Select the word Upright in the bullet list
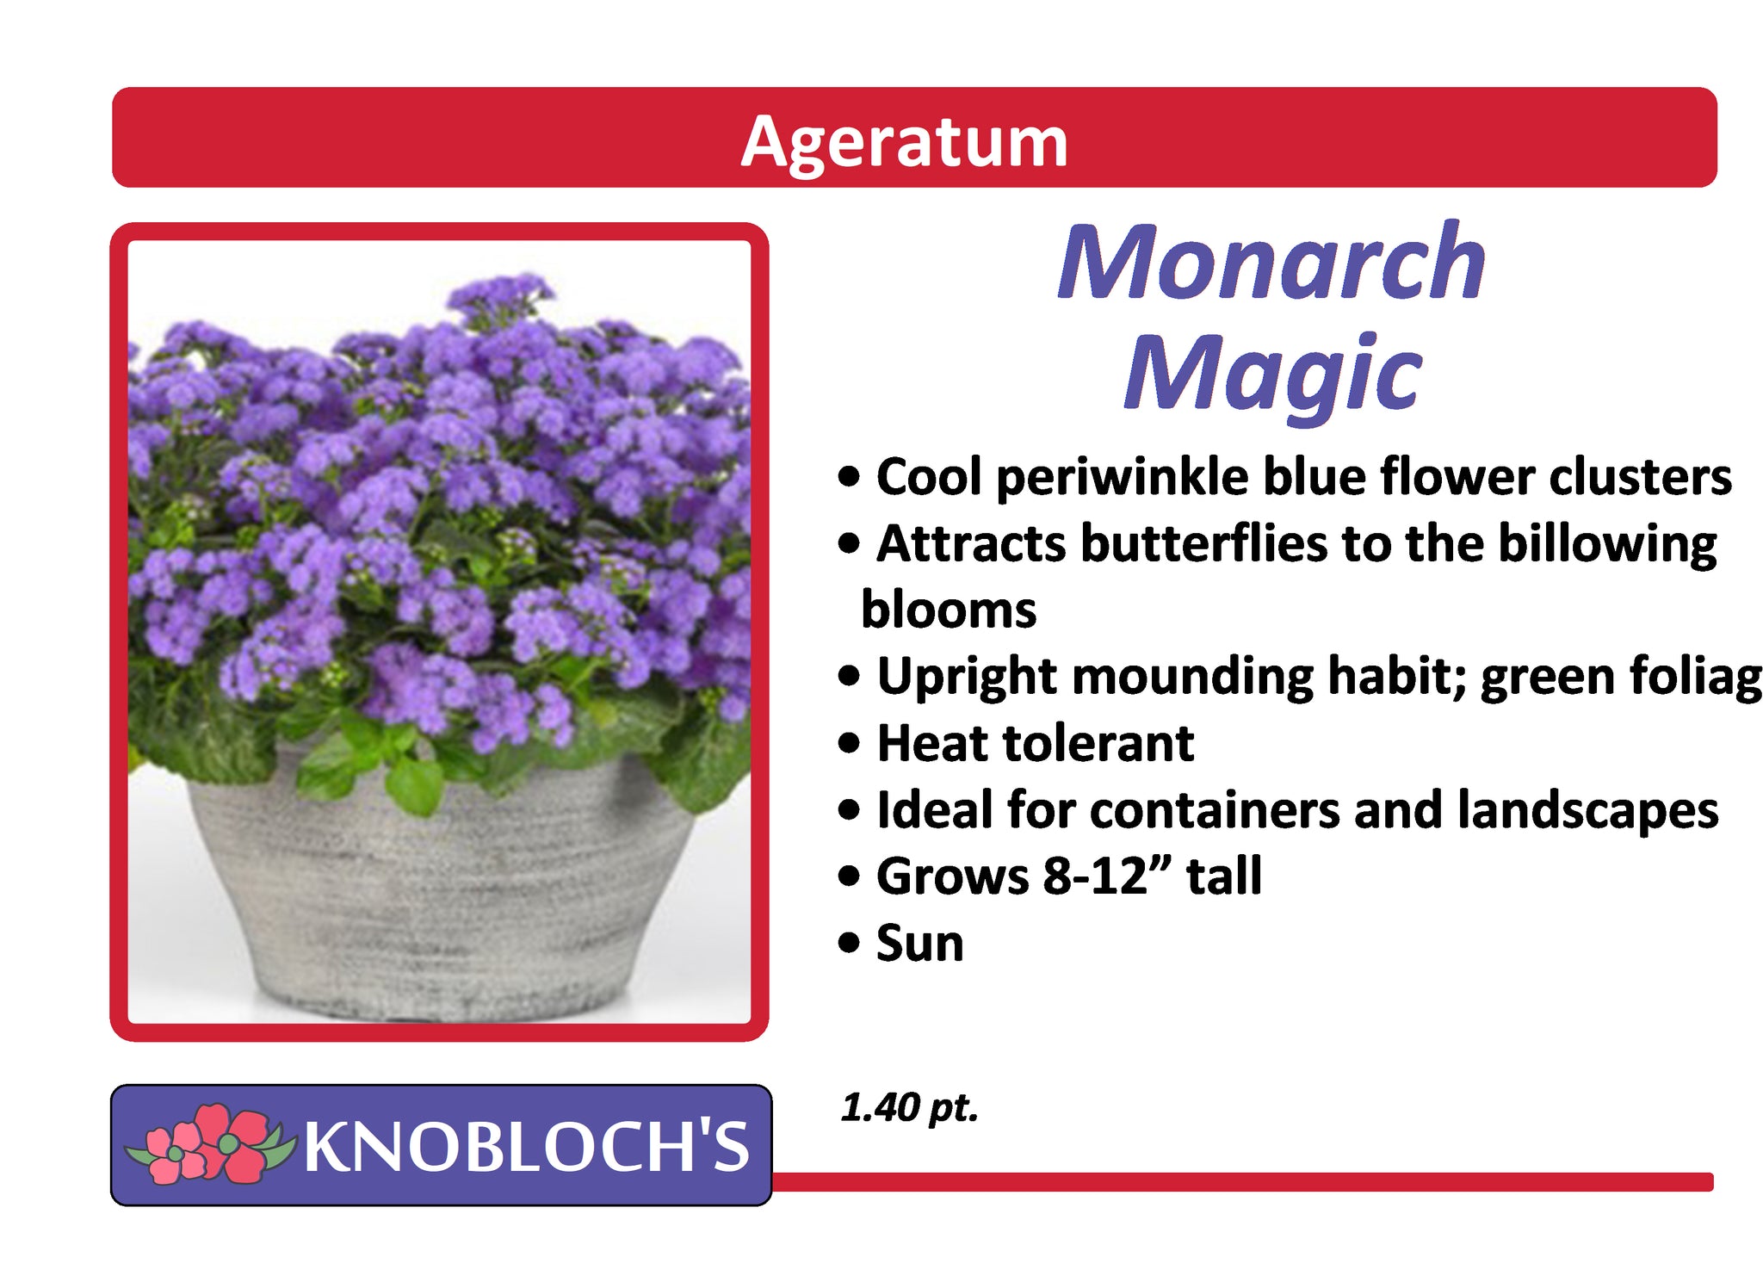967,678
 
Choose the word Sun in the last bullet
919,943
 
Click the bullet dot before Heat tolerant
849,743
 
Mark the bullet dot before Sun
849,944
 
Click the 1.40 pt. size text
910,1108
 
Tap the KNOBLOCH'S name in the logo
527,1146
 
